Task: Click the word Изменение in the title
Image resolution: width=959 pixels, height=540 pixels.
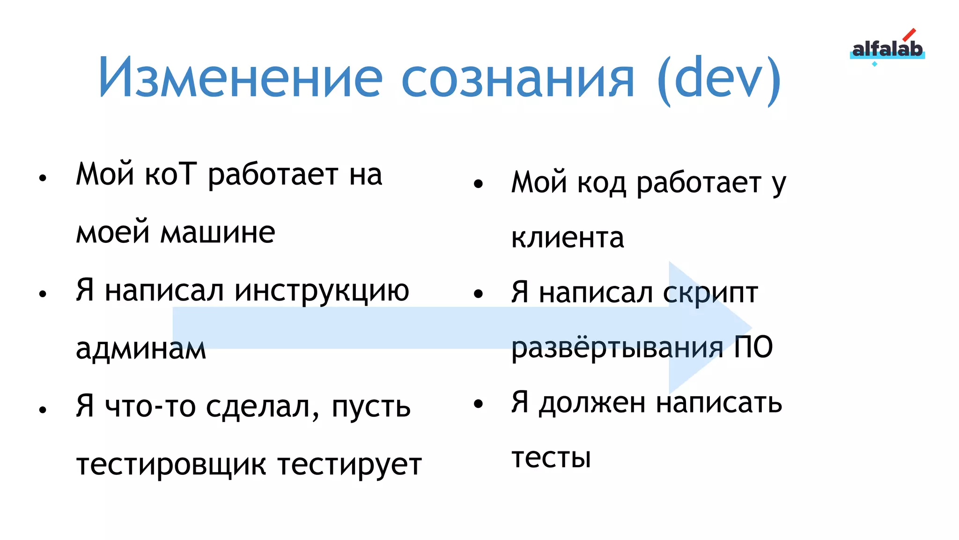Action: click(240, 78)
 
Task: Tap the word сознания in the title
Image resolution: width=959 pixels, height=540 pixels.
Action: click(518, 78)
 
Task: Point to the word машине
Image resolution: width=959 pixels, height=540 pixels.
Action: click(218, 232)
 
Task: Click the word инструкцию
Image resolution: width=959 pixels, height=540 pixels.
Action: click(322, 291)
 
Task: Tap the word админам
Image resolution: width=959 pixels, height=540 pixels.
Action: click(141, 349)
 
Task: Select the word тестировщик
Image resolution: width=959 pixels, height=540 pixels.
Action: click(171, 465)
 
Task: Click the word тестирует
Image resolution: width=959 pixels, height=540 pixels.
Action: click(349, 465)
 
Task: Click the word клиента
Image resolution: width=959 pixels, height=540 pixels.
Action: click(568, 238)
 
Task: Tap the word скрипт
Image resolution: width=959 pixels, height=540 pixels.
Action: click(710, 293)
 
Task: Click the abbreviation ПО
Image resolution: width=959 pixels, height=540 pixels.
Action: click(753, 348)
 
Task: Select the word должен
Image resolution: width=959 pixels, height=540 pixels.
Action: click(592, 403)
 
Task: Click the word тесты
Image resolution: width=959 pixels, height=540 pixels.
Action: click(551, 457)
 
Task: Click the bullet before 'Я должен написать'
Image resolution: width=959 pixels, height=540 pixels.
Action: click(478, 404)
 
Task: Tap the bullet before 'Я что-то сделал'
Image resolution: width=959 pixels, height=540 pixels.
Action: click(43, 410)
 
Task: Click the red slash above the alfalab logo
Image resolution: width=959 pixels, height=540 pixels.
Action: click(909, 35)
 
